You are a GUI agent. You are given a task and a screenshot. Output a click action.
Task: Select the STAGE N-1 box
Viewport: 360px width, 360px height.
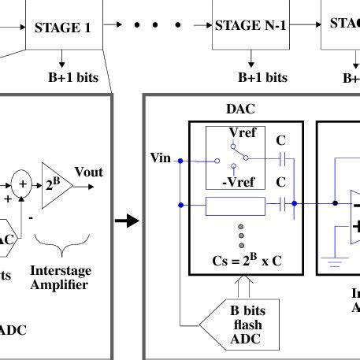click(251, 26)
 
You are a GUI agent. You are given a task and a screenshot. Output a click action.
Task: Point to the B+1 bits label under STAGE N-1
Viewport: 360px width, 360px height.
click(263, 77)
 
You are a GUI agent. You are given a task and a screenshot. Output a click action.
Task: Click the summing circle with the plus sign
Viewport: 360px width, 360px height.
click(22, 183)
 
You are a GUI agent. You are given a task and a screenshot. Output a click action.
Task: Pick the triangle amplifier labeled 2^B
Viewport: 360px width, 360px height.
click(55, 187)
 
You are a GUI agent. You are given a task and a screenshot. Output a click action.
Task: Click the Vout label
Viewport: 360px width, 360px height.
click(88, 172)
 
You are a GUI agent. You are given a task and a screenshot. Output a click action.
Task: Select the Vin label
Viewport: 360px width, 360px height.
click(160, 158)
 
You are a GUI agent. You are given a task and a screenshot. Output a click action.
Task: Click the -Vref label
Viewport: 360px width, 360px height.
click(242, 184)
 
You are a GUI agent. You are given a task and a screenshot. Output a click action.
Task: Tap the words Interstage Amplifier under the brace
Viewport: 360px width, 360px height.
click(58, 277)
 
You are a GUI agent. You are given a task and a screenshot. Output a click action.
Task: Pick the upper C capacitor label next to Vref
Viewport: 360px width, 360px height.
click(280, 141)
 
